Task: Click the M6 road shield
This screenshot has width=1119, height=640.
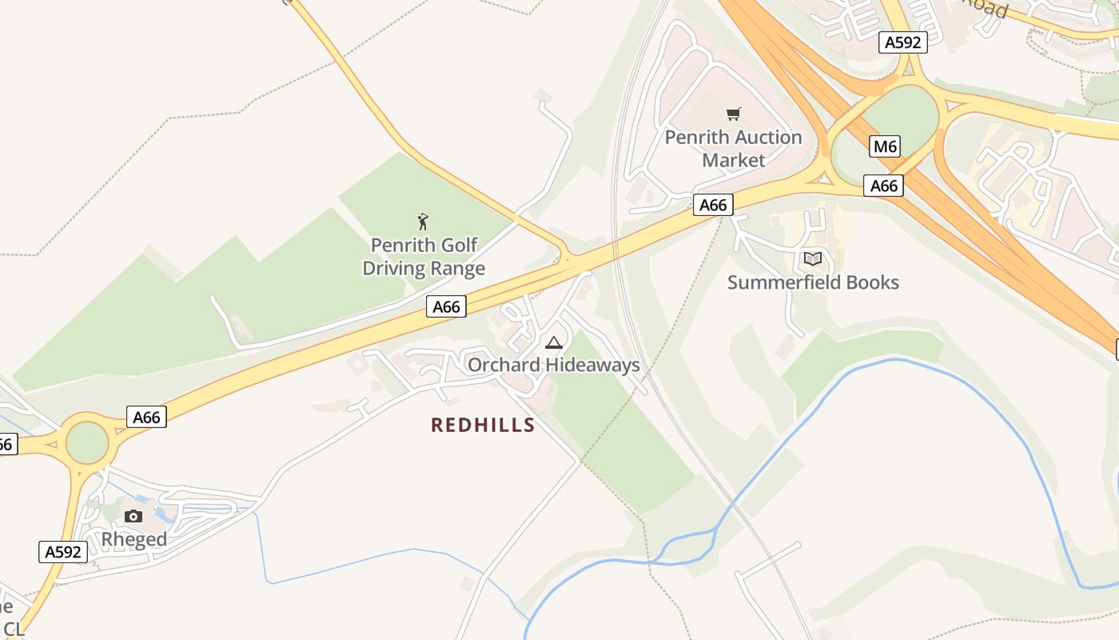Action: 884,146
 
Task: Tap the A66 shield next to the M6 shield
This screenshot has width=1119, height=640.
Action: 883,186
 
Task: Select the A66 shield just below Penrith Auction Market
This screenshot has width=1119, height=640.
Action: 712,206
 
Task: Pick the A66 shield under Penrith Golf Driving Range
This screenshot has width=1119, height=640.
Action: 446,306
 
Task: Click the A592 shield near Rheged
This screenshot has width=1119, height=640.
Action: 62,552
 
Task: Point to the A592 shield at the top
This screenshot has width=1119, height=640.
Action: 903,42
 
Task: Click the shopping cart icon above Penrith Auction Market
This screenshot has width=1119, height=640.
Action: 733,114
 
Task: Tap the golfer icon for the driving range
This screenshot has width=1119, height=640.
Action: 423,222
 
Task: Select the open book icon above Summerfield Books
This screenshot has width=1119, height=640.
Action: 813,258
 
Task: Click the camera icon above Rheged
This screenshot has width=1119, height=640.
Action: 133,516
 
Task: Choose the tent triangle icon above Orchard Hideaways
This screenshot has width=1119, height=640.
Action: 553,343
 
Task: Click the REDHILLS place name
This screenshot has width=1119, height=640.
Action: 483,425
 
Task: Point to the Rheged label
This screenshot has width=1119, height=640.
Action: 133,539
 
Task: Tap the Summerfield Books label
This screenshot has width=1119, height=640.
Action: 813,282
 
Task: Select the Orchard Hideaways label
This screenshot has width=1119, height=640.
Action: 553,365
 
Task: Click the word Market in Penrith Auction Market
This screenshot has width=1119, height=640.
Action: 733,160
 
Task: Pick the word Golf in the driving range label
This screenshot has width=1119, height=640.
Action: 458,245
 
